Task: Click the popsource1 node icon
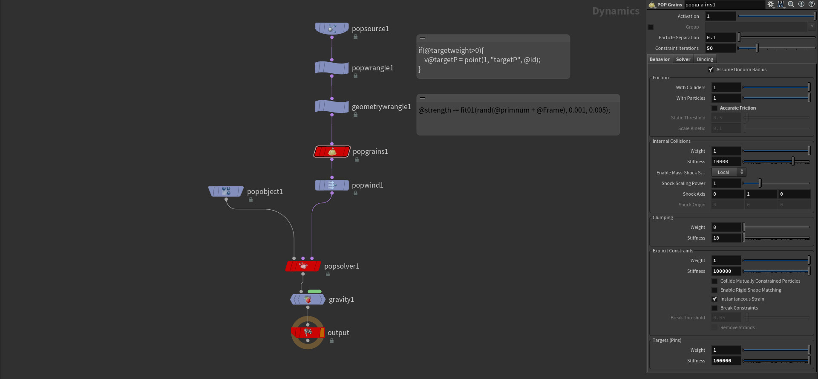point(332,29)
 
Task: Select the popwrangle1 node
point(332,68)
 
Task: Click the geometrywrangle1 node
point(332,107)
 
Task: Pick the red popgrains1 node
point(332,151)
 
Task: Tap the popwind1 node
point(332,185)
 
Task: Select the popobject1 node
point(226,191)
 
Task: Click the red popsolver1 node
point(303,266)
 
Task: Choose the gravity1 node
point(308,299)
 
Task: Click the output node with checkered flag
point(308,333)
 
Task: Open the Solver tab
point(683,59)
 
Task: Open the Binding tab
point(705,59)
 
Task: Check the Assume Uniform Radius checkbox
point(711,69)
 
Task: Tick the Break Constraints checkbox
point(714,308)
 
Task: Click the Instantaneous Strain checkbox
point(714,299)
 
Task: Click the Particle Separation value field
point(720,38)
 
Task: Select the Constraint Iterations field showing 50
point(720,48)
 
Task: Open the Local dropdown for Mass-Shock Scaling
point(729,172)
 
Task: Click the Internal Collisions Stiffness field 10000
point(726,162)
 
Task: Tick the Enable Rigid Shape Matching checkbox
point(714,290)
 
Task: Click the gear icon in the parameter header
point(771,4)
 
